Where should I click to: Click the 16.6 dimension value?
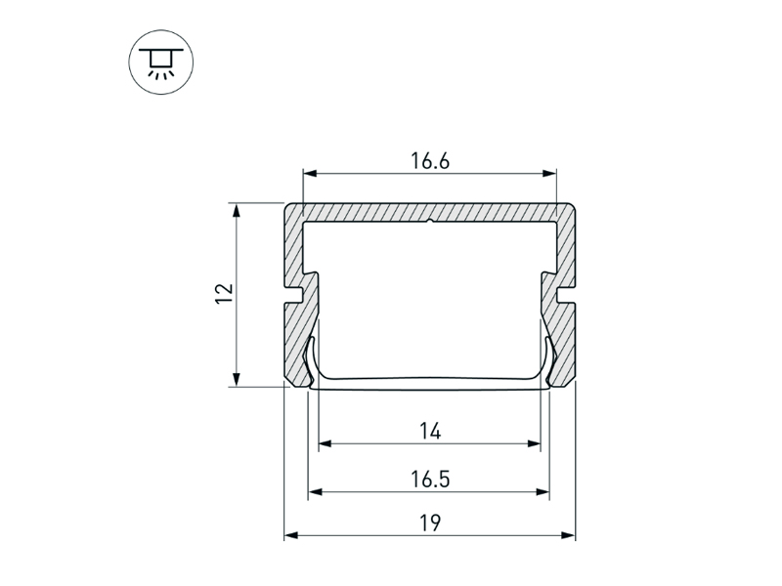coord(430,161)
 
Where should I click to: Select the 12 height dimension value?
coord(224,294)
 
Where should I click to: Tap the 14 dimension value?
coord(430,431)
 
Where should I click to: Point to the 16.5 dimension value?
coord(430,480)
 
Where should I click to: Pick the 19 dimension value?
coord(430,523)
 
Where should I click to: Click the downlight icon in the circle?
coord(161,63)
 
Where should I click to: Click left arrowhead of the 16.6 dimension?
coord(310,174)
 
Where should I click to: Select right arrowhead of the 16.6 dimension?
coord(549,174)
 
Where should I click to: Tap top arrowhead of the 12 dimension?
coord(237,210)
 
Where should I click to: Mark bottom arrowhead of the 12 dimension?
coord(237,379)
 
